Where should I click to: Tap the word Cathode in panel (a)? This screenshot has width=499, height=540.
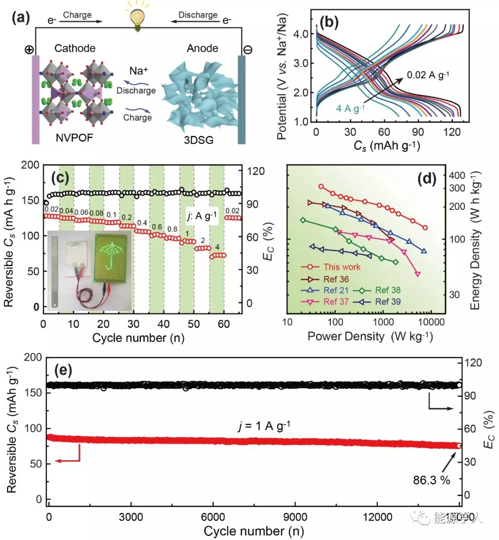click(x=75, y=48)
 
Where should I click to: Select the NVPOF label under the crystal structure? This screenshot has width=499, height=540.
click(x=75, y=138)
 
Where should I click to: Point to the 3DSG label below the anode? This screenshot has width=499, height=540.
click(x=199, y=140)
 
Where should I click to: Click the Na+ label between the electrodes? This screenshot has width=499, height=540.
click(x=139, y=71)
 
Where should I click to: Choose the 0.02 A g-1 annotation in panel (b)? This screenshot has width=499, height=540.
click(x=428, y=75)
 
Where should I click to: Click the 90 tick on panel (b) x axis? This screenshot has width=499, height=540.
click(x=418, y=132)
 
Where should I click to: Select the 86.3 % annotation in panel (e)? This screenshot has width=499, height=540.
click(x=431, y=480)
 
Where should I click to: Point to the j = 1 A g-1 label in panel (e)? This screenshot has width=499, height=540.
click(x=264, y=425)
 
